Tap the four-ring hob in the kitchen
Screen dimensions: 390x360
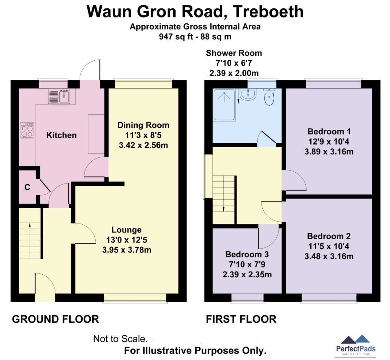click(27, 130)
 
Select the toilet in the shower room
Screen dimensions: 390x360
click(269, 97)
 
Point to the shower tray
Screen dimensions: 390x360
click(224, 105)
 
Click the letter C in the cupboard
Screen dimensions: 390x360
click(27, 187)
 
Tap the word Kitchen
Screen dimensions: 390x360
click(62, 135)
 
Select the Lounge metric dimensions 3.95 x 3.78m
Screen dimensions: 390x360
click(127, 250)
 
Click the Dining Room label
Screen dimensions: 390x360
click(143, 125)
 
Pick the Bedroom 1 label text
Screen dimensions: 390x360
click(329, 132)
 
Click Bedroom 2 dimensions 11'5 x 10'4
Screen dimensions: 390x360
click(329, 246)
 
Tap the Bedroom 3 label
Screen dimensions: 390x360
click(247, 254)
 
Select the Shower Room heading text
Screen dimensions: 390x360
click(234, 53)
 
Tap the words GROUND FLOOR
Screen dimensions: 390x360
click(56, 319)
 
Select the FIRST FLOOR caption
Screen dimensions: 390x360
click(241, 319)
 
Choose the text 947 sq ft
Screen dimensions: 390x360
click(176, 37)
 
